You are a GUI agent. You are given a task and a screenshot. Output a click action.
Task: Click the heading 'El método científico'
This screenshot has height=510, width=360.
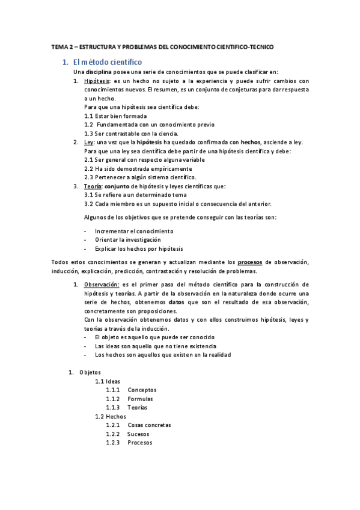(107, 62)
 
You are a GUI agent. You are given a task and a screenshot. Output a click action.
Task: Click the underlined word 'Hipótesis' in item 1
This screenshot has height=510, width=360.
(97, 81)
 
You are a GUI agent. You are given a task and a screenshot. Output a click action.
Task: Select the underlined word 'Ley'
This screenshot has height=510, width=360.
(90, 142)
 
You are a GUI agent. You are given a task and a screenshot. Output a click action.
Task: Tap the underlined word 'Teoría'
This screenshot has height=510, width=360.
(93, 186)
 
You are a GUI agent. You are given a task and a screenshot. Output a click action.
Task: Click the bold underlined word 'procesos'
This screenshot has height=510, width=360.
(249, 262)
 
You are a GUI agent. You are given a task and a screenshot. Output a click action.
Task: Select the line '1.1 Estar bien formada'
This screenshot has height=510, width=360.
(115, 115)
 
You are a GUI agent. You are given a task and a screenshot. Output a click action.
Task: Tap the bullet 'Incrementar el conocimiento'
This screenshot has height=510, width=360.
(134, 231)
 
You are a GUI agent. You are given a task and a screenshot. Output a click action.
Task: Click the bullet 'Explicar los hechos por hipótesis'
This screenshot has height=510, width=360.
(139, 248)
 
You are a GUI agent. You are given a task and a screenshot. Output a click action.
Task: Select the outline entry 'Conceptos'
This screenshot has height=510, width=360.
(142, 390)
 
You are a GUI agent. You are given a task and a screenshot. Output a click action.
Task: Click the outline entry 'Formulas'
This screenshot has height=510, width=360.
(140, 399)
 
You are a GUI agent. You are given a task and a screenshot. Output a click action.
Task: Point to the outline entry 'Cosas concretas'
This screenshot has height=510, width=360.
(149, 425)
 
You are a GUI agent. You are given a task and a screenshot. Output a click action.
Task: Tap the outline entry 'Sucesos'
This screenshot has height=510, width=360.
(139, 434)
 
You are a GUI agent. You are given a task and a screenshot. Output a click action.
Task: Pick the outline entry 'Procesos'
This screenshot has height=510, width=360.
(140, 443)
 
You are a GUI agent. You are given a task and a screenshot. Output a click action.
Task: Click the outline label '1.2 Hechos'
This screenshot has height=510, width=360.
(111, 416)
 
